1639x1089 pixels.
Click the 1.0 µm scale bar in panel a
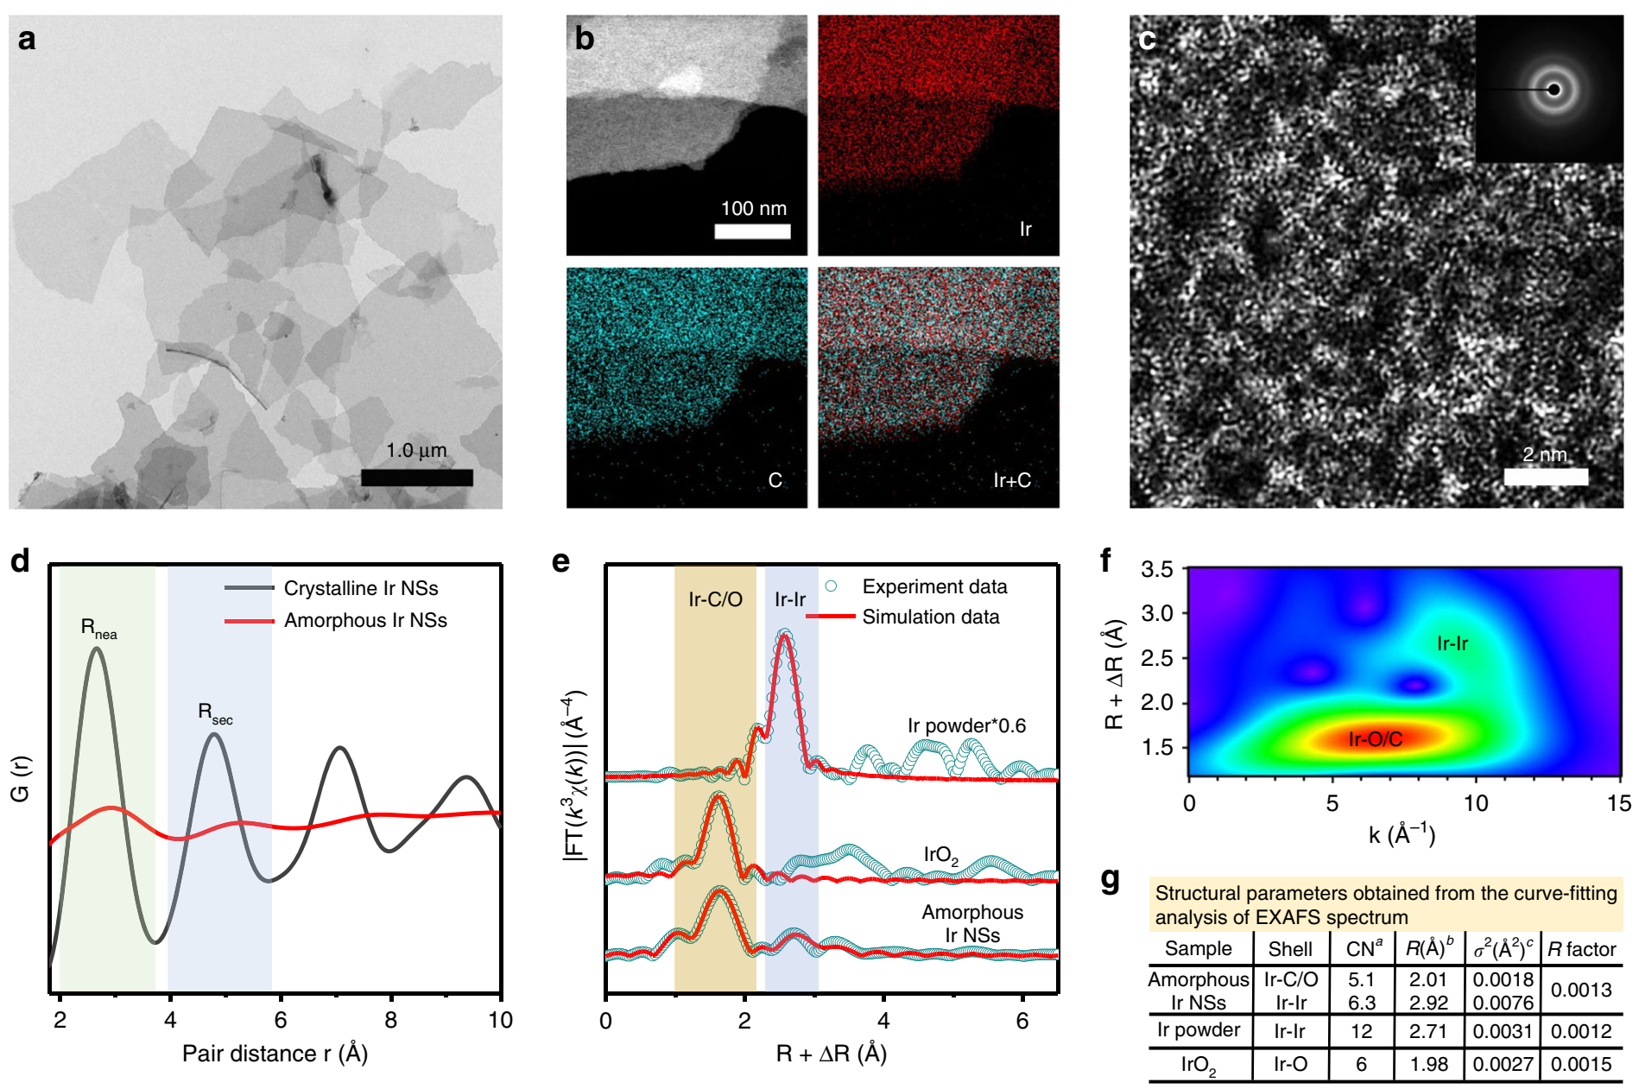[x=416, y=478]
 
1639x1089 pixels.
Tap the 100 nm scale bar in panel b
[x=752, y=231]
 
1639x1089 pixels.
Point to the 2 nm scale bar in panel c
[x=1546, y=477]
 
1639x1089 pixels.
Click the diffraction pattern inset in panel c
[x=1549, y=89]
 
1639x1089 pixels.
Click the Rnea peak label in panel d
[x=98, y=628]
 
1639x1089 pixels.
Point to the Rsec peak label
[x=214, y=713]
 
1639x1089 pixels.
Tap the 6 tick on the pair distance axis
[x=281, y=1020]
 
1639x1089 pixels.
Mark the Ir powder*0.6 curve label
[x=966, y=725]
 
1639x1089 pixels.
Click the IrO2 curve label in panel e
[x=940, y=856]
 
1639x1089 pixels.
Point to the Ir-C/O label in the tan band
[x=715, y=599]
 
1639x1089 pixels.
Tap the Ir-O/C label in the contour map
[x=1375, y=739]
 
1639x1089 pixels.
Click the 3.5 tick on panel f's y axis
[x=1157, y=569]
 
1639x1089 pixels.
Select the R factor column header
[x=1581, y=949]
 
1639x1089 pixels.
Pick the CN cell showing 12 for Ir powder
[x=1361, y=1031]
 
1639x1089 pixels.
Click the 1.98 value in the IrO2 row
[x=1428, y=1064]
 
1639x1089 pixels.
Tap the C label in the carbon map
[x=775, y=480]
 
